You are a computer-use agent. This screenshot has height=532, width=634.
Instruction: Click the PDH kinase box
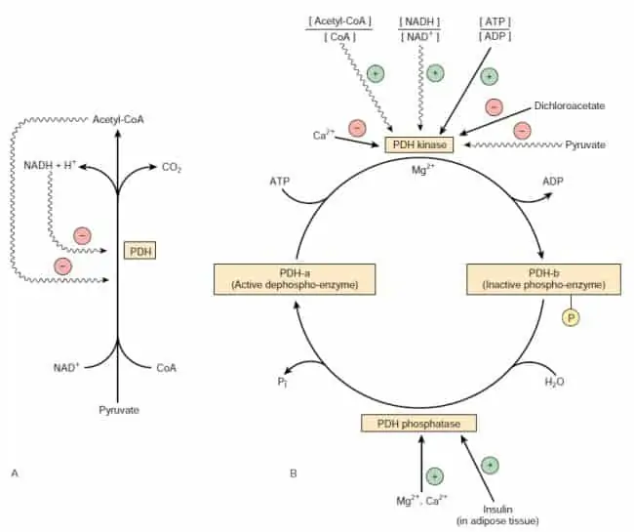pyautogui.click(x=418, y=144)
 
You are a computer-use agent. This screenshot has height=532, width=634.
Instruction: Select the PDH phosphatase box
pyautogui.click(x=418, y=424)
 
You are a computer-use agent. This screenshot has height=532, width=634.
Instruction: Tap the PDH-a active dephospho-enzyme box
pyautogui.click(x=295, y=279)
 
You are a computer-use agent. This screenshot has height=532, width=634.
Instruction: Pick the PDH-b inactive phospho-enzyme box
pyautogui.click(x=543, y=279)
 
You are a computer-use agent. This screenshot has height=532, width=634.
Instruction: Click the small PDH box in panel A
pyautogui.click(x=139, y=251)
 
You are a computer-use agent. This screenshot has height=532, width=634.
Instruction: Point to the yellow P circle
pyautogui.click(x=571, y=317)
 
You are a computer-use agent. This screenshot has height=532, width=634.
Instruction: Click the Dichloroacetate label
pyautogui.click(x=570, y=106)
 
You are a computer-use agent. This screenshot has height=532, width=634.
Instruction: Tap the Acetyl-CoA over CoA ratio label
pyautogui.click(x=339, y=29)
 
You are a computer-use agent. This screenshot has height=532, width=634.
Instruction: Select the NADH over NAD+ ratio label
pyautogui.click(x=419, y=29)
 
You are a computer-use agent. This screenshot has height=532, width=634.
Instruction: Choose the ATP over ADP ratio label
pyautogui.click(x=495, y=29)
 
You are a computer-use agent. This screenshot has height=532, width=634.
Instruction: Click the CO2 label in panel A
pyautogui.click(x=172, y=167)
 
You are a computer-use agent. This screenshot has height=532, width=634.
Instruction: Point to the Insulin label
pyautogui.click(x=497, y=509)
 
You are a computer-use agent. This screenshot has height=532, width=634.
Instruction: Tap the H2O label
pyautogui.click(x=554, y=382)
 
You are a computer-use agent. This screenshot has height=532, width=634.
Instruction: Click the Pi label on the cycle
pyautogui.click(x=282, y=382)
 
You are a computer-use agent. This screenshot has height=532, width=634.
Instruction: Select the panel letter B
pyautogui.click(x=294, y=472)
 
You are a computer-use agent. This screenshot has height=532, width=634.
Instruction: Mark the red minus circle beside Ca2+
pyautogui.click(x=357, y=128)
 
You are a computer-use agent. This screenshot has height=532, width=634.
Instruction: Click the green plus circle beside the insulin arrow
pyautogui.click(x=490, y=466)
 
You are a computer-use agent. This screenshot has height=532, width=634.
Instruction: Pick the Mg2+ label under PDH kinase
pyautogui.click(x=423, y=170)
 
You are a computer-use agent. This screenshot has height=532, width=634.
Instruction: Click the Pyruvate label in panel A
pyautogui.click(x=119, y=410)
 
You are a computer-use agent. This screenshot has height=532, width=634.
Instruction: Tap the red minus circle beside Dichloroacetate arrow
pyautogui.click(x=494, y=107)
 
